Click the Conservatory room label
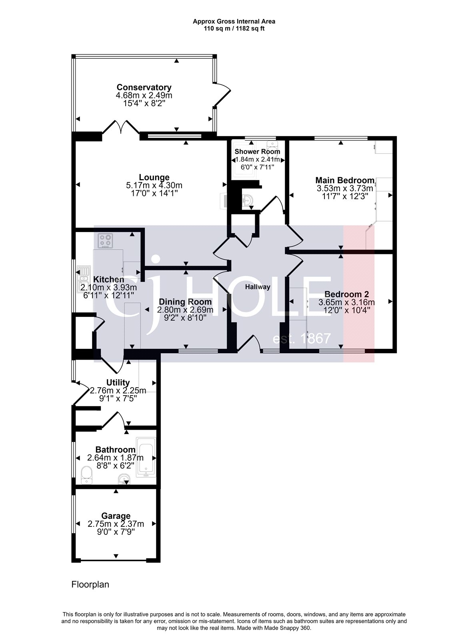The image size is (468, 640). tap(144, 87)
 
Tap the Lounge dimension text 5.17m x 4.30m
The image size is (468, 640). tap(154, 186)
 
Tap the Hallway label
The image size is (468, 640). tap(258, 287)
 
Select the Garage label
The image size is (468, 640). tap(116, 516)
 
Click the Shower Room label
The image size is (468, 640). tap(257, 152)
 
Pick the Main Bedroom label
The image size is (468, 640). tap(345, 180)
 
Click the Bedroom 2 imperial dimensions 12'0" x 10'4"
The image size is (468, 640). tap(346, 310)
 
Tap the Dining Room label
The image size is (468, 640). tap(185, 302)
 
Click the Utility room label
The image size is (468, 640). tap(118, 382)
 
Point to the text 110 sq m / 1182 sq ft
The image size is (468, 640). tap(234, 28)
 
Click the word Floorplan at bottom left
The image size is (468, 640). tap(90, 584)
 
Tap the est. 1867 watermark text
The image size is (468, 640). tap(302, 339)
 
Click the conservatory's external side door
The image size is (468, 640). tap(223, 95)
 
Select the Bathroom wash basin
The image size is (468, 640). tap(124, 478)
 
